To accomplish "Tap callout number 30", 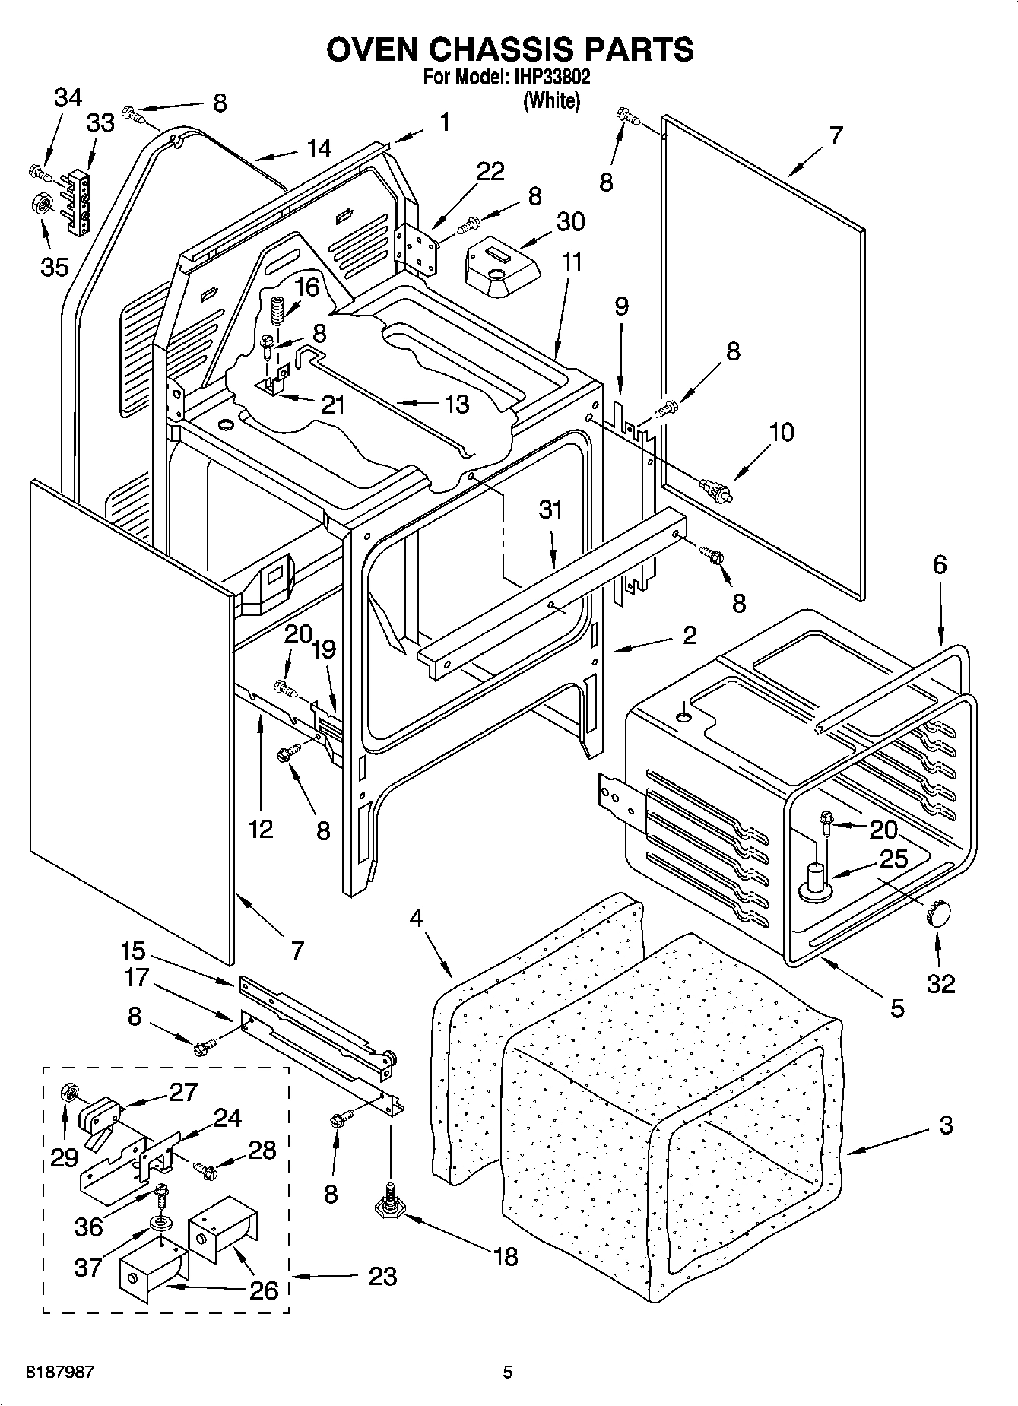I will tap(571, 221).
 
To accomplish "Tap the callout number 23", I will tap(382, 1275).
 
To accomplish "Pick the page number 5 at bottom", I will tap(508, 1373).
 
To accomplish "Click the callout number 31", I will tap(550, 509).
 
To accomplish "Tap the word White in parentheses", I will tap(551, 100).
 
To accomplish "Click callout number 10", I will tap(782, 432).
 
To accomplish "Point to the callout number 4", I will tap(417, 918).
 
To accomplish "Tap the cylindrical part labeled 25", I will tap(815, 880).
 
